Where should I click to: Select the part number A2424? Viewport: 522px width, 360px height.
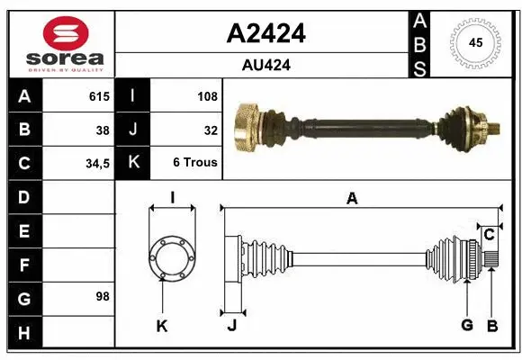tap(265, 33)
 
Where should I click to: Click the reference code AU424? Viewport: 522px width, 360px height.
tap(265, 65)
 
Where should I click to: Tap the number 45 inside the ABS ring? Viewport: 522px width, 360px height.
tap(474, 43)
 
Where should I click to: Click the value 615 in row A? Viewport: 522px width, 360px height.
tap(98, 96)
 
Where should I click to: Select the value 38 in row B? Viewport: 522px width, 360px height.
tap(102, 130)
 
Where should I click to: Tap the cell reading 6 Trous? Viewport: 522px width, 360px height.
tap(195, 164)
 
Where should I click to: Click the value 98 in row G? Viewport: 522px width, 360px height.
tap(102, 296)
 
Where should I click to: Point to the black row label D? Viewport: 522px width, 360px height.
tap(23, 196)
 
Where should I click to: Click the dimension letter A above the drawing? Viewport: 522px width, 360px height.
tap(352, 198)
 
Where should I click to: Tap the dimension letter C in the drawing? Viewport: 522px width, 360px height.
tap(489, 235)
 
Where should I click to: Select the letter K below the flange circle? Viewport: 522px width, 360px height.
tap(162, 326)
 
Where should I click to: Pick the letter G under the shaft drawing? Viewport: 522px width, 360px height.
tap(467, 326)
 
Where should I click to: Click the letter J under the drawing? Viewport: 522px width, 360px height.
tap(231, 326)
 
